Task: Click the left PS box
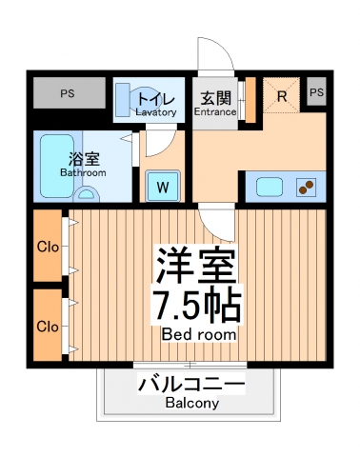pos(67,93)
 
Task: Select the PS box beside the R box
pos(317,92)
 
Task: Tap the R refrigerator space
pos(283,95)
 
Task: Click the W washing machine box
pos(163,186)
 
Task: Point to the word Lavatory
pos(155,112)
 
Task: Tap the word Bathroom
pos(84,173)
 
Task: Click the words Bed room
pos(199,335)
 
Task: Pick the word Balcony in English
pos(190,403)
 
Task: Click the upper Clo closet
pos(49,247)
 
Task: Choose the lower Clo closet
pos(49,326)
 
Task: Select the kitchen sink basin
pos(267,187)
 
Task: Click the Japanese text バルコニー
pos(190,385)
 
